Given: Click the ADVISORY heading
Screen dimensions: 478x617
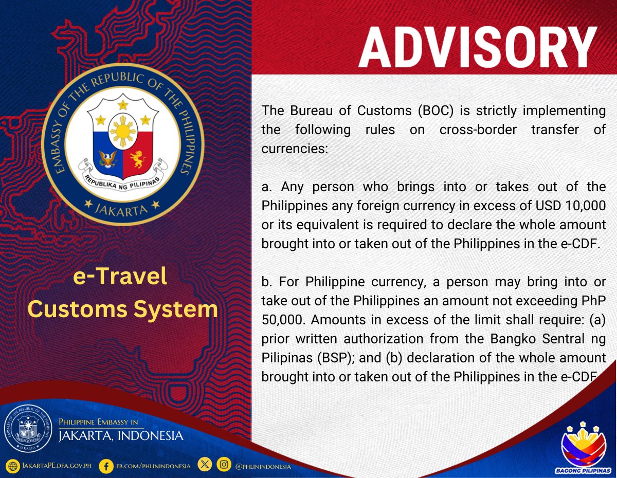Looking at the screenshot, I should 478,47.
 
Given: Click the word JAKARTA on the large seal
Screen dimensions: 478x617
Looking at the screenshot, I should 122,209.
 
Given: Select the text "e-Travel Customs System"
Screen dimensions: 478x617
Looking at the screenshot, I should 122,293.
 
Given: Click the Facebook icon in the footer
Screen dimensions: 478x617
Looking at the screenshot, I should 106,466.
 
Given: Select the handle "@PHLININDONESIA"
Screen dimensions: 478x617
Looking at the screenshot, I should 263,467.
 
